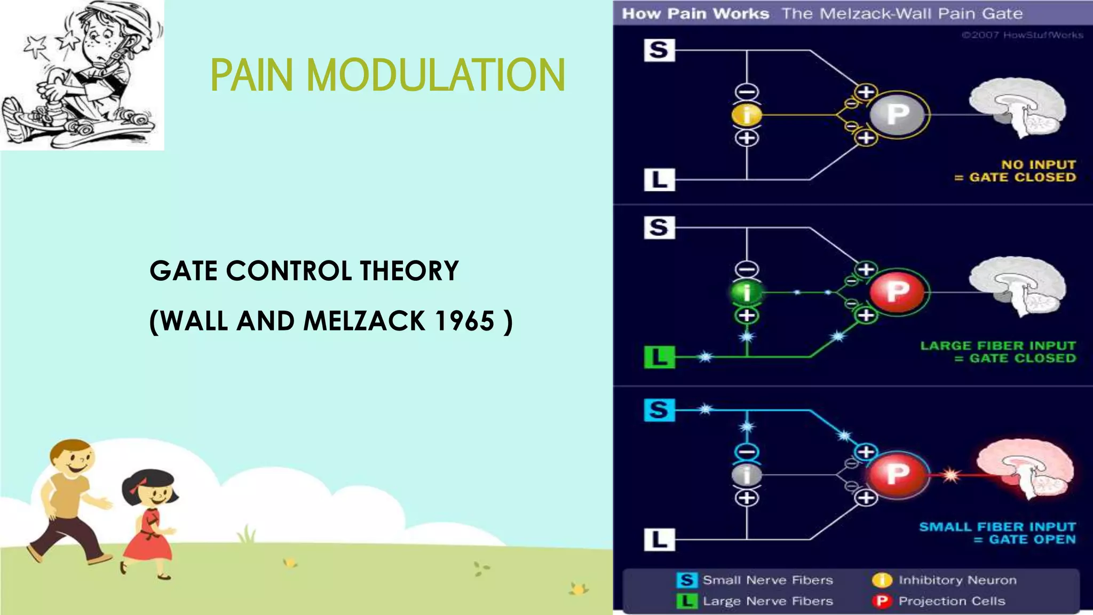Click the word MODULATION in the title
click(435, 75)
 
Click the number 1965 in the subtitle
click(465, 321)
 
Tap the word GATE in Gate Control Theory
click(184, 271)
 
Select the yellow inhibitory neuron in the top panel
click(747, 115)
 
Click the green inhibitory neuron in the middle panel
click(747, 293)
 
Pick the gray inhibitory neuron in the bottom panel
click(747, 475)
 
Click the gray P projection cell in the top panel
click(898, 114)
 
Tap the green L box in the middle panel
click(660, 357)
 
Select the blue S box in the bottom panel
click(659, 410)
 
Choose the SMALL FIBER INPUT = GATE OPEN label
click(997, 533)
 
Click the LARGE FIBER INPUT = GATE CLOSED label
click(998, 352)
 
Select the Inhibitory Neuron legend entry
click(945, 580)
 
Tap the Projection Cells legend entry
click(939, 601)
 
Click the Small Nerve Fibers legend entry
click(755, 580)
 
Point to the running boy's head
click(73, 459)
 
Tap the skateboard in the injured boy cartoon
click(80, 128)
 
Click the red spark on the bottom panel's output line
click(950, 475)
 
